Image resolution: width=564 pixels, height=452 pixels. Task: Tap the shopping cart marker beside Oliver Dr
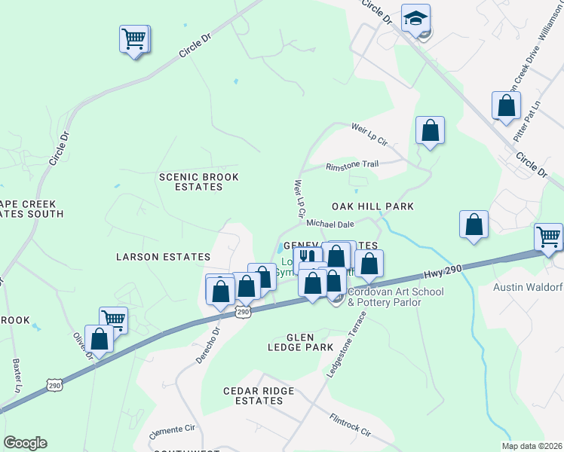click(x=114, y=319)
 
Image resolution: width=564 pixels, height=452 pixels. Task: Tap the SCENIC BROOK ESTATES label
click(x=198, y=182)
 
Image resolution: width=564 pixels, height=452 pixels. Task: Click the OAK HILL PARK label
click(x=373, y=206)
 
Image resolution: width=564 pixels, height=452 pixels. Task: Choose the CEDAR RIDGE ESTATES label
click(x=253, y=396)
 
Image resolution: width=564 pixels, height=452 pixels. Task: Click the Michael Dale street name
click(x=330, y=224)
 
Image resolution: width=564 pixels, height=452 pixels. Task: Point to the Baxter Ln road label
click(x=17, y=374)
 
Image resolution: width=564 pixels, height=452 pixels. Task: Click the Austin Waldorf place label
click(x=528, y=287)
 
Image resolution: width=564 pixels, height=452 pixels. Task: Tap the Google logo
click(x=25, y=443)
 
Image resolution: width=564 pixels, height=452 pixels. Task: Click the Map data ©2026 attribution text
click(x=532, y=446)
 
